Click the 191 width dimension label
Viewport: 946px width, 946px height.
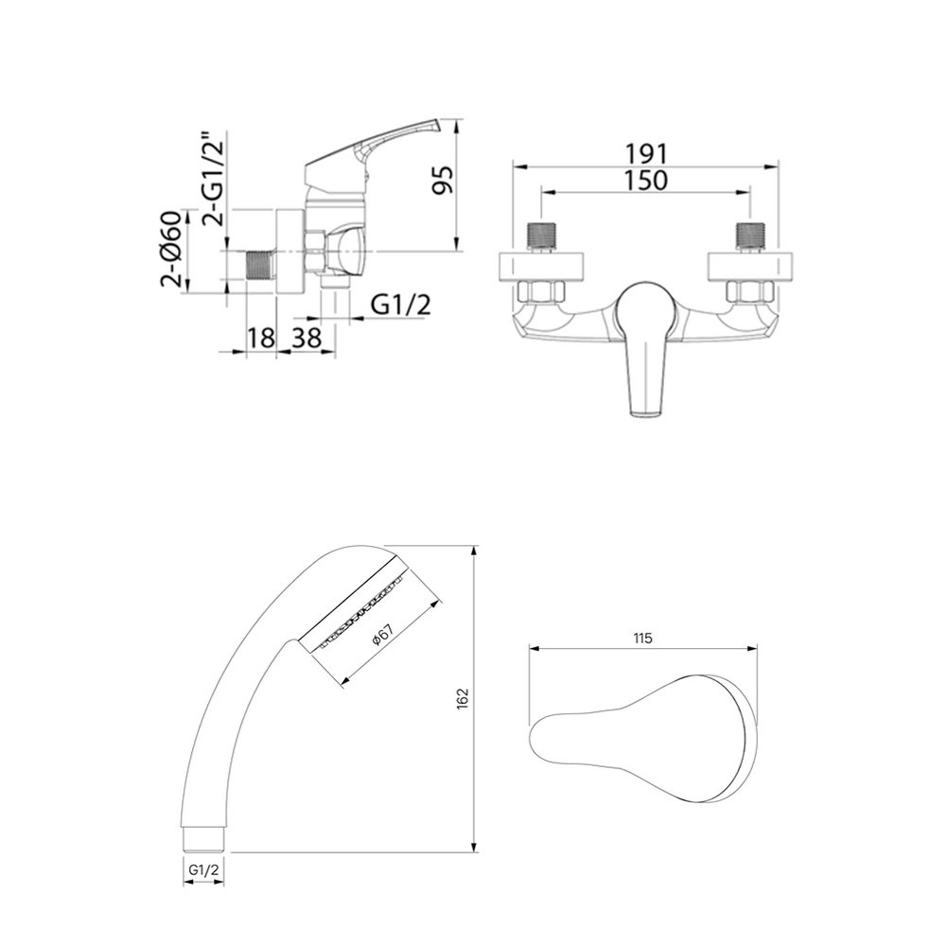point(645,154)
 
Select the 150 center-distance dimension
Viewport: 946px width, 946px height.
point(645,181)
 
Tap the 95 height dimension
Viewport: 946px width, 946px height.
point(444,179)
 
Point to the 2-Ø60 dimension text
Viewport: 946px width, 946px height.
point(171,249)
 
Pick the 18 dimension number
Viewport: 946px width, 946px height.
point(261,338)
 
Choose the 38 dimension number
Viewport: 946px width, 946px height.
point(307,338)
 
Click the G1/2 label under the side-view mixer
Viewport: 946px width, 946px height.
point(400,306)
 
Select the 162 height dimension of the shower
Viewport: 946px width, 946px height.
point(463,699)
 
